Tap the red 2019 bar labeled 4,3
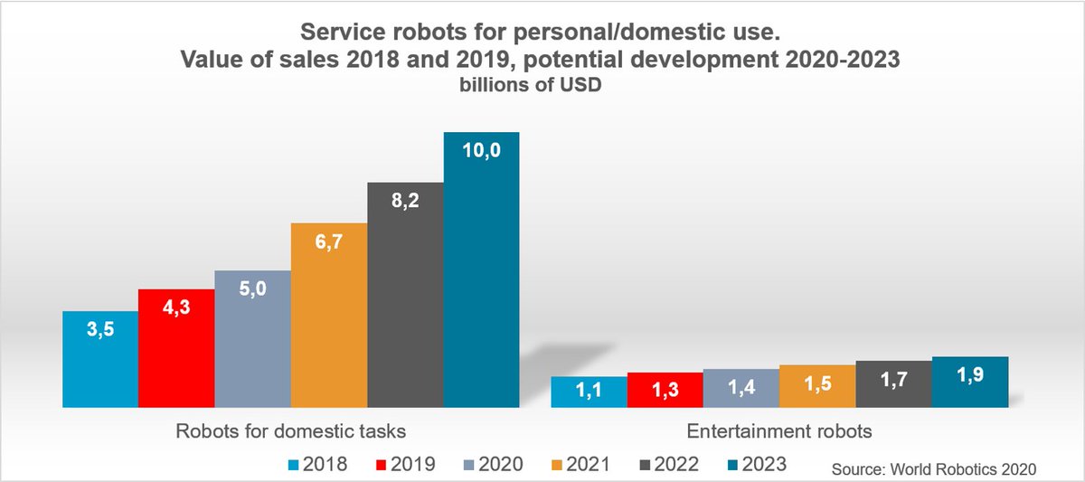[x=176, y=348]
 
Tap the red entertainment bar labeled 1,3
[x=665, y=390]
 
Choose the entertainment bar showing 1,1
[x=589, y=392]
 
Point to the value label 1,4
[x=741, y=389]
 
